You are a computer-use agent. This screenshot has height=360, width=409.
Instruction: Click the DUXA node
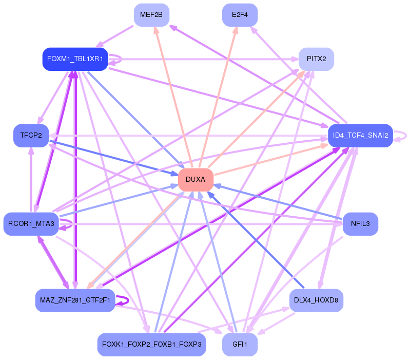pyautogui.click(x=196, y=180)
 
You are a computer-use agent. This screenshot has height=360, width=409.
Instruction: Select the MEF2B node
pyautogui.click(x=151, y=15)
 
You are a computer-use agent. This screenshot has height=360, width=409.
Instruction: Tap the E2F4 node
pyautogui.click(x=240, y=15)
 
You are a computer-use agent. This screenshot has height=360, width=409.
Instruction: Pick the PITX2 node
pyautogui.click(x=317, y=59)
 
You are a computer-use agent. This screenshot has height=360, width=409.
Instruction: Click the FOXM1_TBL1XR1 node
pyautogui.click(x=75, y=59)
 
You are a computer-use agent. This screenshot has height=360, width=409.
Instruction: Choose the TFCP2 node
pyautogui.click(x=31, y=136)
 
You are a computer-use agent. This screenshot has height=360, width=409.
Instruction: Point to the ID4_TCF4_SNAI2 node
pyautogui.click(x=360, y=136)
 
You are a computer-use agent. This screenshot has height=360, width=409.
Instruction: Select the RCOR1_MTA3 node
pyautogui.click(x=31, y=224)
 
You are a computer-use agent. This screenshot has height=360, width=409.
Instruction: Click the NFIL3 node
pyautogui.click(x=360, y=224)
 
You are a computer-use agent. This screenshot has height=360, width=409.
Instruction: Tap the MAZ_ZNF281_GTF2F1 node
pyautogui.click(x=75, y=300)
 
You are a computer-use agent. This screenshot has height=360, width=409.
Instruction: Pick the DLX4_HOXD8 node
pyautogui.click(x=317, y=300)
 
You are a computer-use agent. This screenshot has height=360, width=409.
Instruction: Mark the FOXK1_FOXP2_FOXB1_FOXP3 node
pyautogui.click(x=151, y=344)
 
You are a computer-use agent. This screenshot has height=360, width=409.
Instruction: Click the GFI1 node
pyautogui.click(x=240, y=344)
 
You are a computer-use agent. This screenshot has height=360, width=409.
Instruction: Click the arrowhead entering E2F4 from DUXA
pyautogui.click(x=236, y=30)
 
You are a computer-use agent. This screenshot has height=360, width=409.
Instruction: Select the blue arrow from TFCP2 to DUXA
pyautogui.click(x=113, y=158)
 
